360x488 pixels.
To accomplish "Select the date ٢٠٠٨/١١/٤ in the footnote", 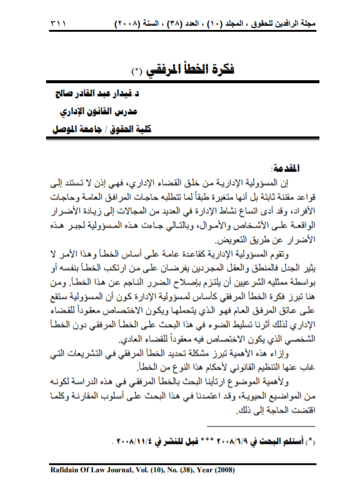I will pyautogui.click(x=135, y=443).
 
